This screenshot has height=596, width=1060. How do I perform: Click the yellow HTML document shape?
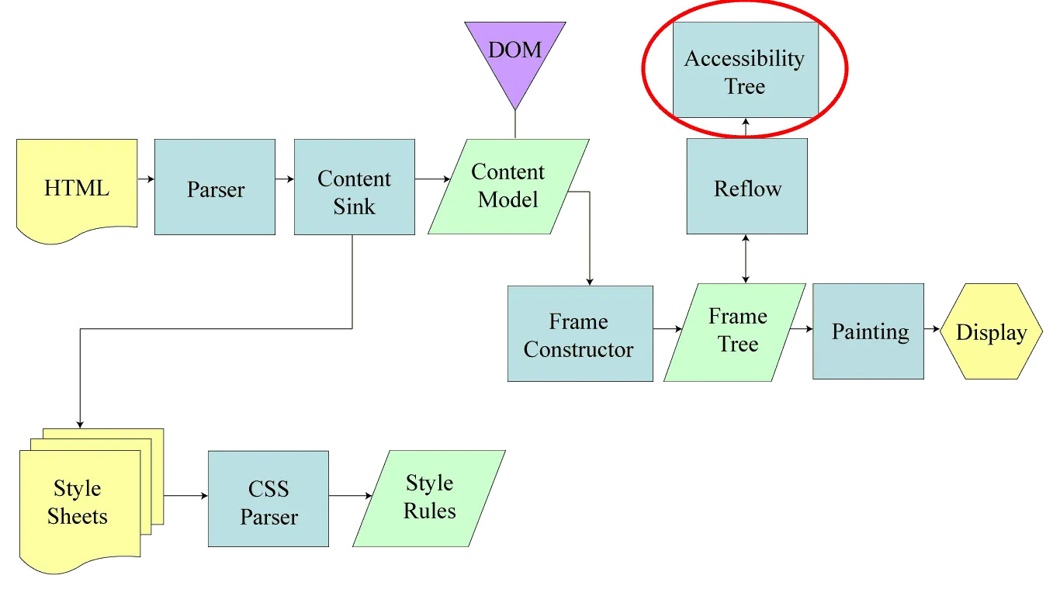click(76, 187)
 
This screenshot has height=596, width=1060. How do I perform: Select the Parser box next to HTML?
click(215, 188)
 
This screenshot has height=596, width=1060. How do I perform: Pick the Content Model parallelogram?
click(508, 186)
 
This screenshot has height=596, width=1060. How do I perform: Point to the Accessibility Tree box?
click(744, 71)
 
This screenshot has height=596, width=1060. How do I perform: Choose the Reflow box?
click(747, 188)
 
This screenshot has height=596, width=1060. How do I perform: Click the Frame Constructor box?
click(579, 334)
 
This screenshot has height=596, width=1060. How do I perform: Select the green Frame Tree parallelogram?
click(736, 331)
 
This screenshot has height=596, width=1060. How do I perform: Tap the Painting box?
click(868, 332)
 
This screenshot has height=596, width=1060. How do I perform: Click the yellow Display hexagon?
click(990, 332)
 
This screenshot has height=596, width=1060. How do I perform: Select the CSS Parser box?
click(268, 501)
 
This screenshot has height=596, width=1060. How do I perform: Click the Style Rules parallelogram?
click(429, 497)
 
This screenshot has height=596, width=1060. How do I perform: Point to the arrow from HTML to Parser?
click(146, 180)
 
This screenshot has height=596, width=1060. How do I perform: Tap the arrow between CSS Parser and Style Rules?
click(351, 494)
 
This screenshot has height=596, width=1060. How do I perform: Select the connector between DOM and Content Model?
click(514, 123)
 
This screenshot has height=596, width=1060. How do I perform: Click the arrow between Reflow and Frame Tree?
click(747, 259)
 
